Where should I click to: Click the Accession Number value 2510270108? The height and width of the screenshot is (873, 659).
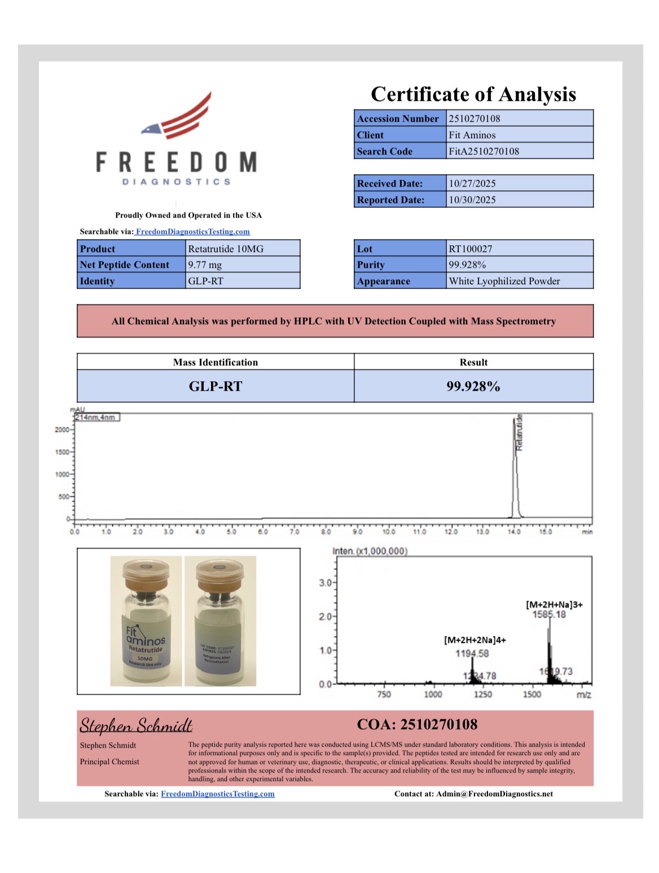pyautogui.click(x=474, y=118)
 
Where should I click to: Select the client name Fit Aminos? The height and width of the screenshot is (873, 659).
pyautogui.click(x=472, y=135)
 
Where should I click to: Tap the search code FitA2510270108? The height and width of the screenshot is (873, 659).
pyautogui.click(x=484, y=151)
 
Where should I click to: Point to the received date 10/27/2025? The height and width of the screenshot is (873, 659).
pyautogui.click(x=472, y=183)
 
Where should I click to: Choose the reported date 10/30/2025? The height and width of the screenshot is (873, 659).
pyautogui.click(x=472, y=200)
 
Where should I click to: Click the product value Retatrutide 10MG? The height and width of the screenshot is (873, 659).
pyautogui.click(x=226, y=249)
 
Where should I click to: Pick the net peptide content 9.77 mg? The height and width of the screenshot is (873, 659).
pyautogui.click(x=205, y=264)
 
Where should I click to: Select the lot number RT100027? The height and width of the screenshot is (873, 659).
pyautogui.click(x=470, y=249)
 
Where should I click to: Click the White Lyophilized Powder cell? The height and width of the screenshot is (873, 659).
pyautogui.click(x=504, y=281)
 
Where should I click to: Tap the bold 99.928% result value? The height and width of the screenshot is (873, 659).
pyautogui.click(x=473, y=386)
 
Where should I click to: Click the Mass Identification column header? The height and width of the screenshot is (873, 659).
pyautogui.click(x=215, y=362)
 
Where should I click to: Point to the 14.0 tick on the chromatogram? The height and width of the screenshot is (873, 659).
pyautogui.click(x=514, y=531)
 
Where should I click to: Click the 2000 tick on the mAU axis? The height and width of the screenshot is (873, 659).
pyautogui.click(x=61, y=430)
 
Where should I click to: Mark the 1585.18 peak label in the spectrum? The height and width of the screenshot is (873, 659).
pyautogui.click(x=548, y=614)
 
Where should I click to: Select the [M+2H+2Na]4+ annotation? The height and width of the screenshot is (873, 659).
pyautogui.click(x=475, y=640)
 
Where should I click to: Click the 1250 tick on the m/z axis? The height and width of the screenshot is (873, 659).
pyautogui.click(x=482, y=694)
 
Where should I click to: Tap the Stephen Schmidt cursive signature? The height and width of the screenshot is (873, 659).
pyautogui.click(x=136, y=725)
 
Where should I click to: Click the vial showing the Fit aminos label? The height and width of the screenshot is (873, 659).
pyautogui.click(x=146, y=621)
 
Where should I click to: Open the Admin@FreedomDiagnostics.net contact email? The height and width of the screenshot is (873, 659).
pyautogui.click(x=494, y=793)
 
